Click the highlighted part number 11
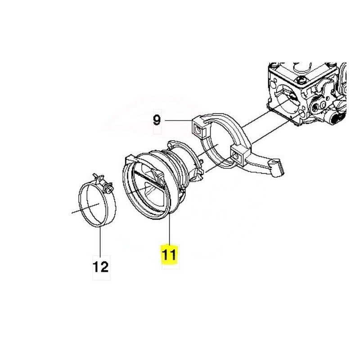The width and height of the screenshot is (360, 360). tap(169, 255)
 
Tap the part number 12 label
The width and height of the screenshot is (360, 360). tap(100, 267)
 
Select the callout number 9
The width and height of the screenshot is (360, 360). tap(157, 120)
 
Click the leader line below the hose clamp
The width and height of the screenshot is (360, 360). tap(100, 241)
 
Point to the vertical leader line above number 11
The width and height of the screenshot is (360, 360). tap(170, 229)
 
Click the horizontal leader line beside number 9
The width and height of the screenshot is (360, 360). tap(178, 120)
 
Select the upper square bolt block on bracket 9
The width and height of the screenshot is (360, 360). tap(198, 130)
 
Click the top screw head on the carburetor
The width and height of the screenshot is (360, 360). tap(301, 81)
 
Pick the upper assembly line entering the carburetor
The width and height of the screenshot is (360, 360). tap(255, 119)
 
